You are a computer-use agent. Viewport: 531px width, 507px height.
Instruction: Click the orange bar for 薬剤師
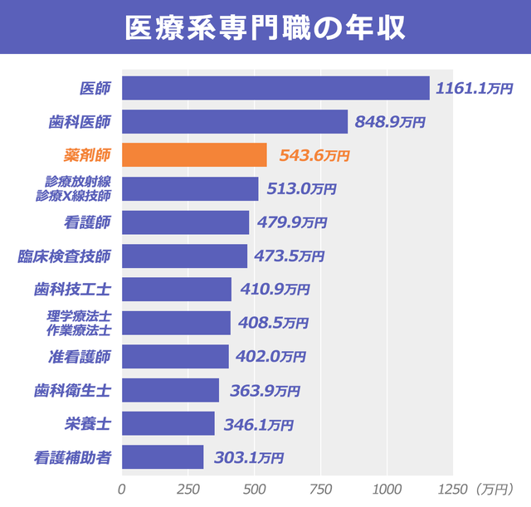point(194,155)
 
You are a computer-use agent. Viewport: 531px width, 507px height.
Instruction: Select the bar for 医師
point(275,88)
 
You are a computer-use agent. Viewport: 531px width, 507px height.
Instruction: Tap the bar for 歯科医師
point(235,122)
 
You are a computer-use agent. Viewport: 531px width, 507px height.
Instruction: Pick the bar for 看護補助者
point(163,456)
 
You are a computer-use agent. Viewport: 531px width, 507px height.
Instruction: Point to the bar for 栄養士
point(168,423)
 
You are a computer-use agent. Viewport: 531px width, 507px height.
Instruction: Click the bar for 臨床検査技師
point(184,256)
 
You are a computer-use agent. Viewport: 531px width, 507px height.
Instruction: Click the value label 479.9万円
point(292,222)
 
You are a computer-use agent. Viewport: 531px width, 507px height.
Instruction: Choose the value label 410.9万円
point(275,290)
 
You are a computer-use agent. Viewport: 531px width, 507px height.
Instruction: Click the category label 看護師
point(87,222)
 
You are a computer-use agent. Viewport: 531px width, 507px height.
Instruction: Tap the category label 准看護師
point(80,357)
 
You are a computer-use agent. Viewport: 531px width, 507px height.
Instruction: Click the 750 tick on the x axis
point(321,488)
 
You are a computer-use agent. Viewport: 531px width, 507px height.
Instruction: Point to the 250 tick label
point(188,488)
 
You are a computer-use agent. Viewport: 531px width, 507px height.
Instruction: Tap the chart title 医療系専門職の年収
point(265,27)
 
